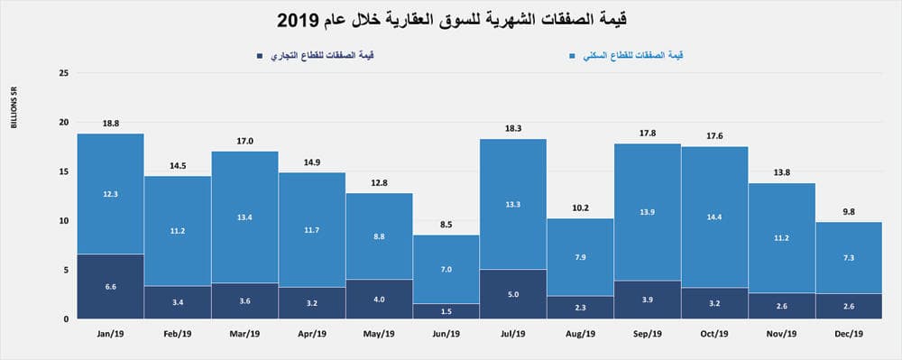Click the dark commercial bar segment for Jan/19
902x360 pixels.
(110, 286)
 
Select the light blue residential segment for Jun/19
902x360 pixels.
(446, 269)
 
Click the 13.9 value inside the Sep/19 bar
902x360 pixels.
(648, 209)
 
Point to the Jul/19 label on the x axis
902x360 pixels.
(513, 334)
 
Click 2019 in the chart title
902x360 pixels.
(300, 19)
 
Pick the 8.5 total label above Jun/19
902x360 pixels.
(446, 225)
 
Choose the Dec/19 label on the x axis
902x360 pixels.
(849, 334)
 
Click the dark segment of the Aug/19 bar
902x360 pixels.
(580, 307)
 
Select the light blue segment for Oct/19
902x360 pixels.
(714, 217)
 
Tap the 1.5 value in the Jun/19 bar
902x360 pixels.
(446, 310)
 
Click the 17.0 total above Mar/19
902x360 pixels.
(244, 141)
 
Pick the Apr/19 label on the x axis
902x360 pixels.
(312, 334)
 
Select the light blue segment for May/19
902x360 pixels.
(379, 235)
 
